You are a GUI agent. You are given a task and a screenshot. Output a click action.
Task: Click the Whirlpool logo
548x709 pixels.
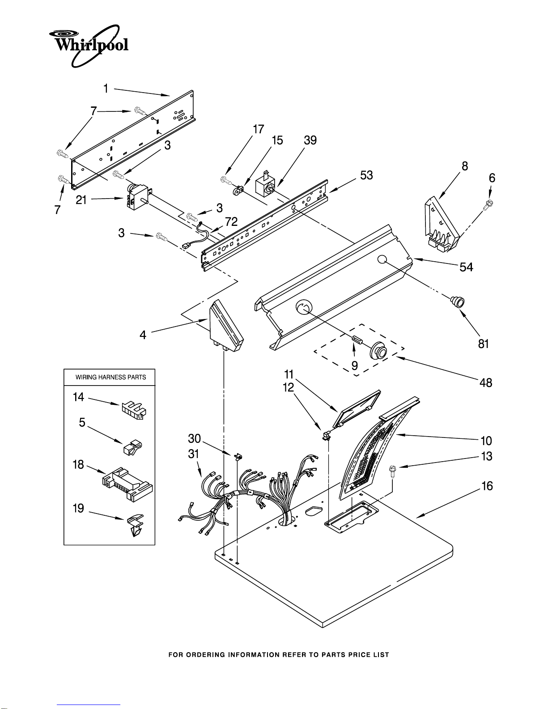pos(89,46)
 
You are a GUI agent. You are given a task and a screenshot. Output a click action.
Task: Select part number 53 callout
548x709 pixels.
pos(366,175)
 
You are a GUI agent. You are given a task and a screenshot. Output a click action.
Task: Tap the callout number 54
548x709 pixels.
pos(466,267)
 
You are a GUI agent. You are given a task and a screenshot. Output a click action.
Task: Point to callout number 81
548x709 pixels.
pos(484,344)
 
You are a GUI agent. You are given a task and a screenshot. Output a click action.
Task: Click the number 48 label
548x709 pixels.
pos(485,382)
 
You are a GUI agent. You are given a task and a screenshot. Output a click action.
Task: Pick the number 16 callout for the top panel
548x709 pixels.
pos(487,486)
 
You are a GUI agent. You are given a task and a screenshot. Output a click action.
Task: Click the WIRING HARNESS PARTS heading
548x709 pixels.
pos(110,377)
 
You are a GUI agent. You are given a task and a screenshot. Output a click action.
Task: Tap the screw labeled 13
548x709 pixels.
pos(392,471)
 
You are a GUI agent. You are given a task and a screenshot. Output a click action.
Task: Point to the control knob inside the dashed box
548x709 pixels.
pos(378,350)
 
